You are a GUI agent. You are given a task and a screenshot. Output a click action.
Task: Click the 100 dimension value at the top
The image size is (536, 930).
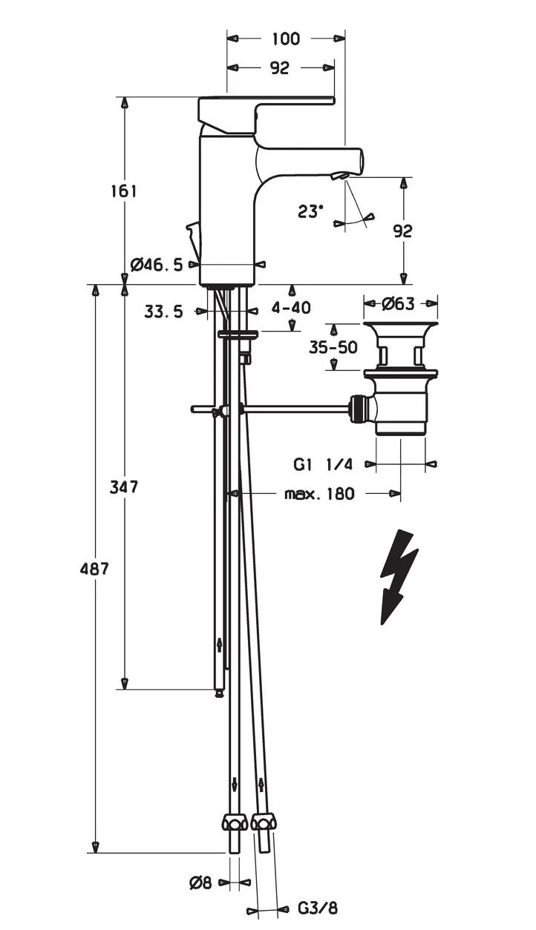tap(286, 39)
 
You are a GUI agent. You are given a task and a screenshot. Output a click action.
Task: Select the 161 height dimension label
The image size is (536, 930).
tap(124, 191)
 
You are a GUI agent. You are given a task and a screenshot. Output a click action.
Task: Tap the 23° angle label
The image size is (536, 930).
tap(310, 212)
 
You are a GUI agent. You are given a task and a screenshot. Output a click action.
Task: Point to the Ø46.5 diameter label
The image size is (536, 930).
tap(156, 265)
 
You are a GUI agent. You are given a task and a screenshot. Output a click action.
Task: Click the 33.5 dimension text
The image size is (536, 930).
tap(163, 311)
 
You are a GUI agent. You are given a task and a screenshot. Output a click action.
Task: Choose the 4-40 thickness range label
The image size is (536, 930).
tap(291, 308)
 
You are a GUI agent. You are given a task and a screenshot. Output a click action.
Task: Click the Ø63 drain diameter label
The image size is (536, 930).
tap(398, 304)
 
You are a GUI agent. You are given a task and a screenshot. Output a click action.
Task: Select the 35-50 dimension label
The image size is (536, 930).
tap(333, 347)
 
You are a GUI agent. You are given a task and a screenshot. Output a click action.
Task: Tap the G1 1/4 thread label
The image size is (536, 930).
tap(323, 464)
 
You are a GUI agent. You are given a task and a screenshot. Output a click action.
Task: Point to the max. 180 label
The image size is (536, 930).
tap(319, 494)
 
